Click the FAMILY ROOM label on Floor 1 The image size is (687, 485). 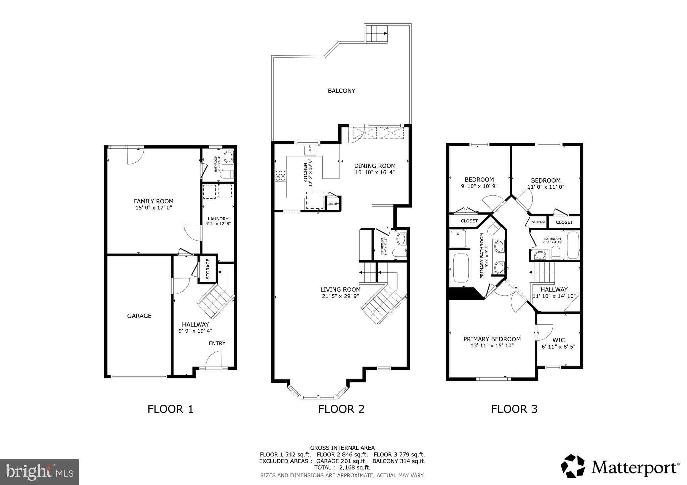tap(154, 201)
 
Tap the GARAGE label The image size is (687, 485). tap(139, 316)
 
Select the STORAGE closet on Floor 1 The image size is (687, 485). tap(208, 269)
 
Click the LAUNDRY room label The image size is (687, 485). tap(218, 219)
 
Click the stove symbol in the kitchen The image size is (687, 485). tap(281, 176)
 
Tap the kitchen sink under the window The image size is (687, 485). tap(311, 150)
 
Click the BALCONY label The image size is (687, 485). tap(341, 91)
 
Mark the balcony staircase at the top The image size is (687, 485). tap(376, 33)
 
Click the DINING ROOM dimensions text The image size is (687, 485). tap(375, 172)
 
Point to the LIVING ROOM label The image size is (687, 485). tap(340, 290)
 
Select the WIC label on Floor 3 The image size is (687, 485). tap(558, 340)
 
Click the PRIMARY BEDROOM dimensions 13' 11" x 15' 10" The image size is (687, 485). tap(492, 346)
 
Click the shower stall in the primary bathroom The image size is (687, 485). tap(458, 238)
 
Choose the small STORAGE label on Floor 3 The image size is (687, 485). tap(539, 222)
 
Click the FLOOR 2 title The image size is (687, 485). tap(341, 409)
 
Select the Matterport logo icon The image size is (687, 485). tap(573, 466)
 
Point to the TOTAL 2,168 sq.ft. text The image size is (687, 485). tap(342, 468)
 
